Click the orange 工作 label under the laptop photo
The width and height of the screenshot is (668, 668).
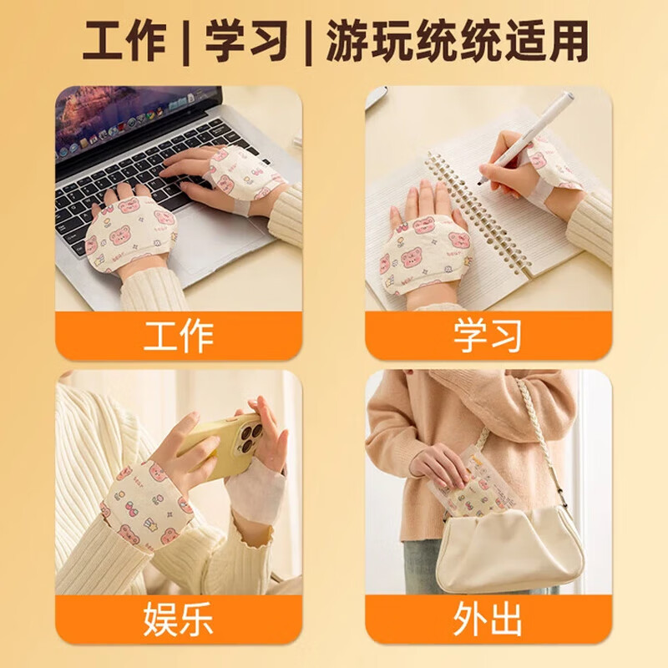(x=179, y=335)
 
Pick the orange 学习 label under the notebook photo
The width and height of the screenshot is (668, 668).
(x=488, y=335)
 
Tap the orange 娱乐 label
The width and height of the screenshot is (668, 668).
(x=179, y=620)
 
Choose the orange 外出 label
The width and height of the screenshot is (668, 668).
(x=488, y=620)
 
